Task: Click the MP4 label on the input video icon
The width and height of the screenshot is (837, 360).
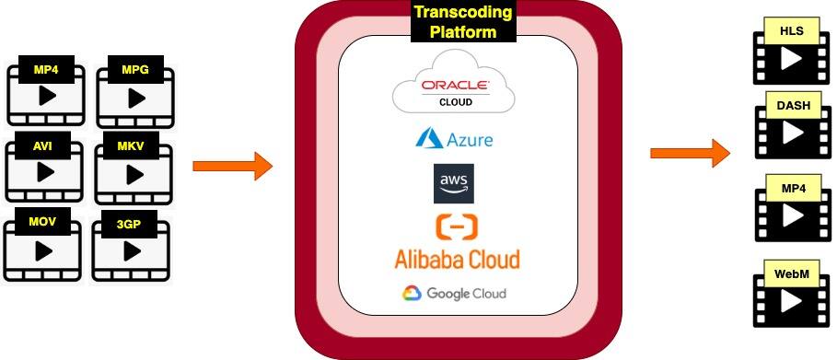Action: tap(44, 70)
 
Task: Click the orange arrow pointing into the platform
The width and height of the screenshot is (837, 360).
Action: tap(233, 166)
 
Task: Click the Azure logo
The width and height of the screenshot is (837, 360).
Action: tap(454, 139)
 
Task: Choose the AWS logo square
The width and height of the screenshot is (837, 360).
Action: tap(454, 183)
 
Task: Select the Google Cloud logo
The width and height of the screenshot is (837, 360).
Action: tap(453, 294)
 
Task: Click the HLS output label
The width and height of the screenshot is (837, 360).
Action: tap(791, 31)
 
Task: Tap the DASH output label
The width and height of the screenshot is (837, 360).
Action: tap(793, 106)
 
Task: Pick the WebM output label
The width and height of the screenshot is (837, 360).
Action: tap(792, 274)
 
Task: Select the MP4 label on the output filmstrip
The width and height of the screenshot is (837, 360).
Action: tap(793, 189)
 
